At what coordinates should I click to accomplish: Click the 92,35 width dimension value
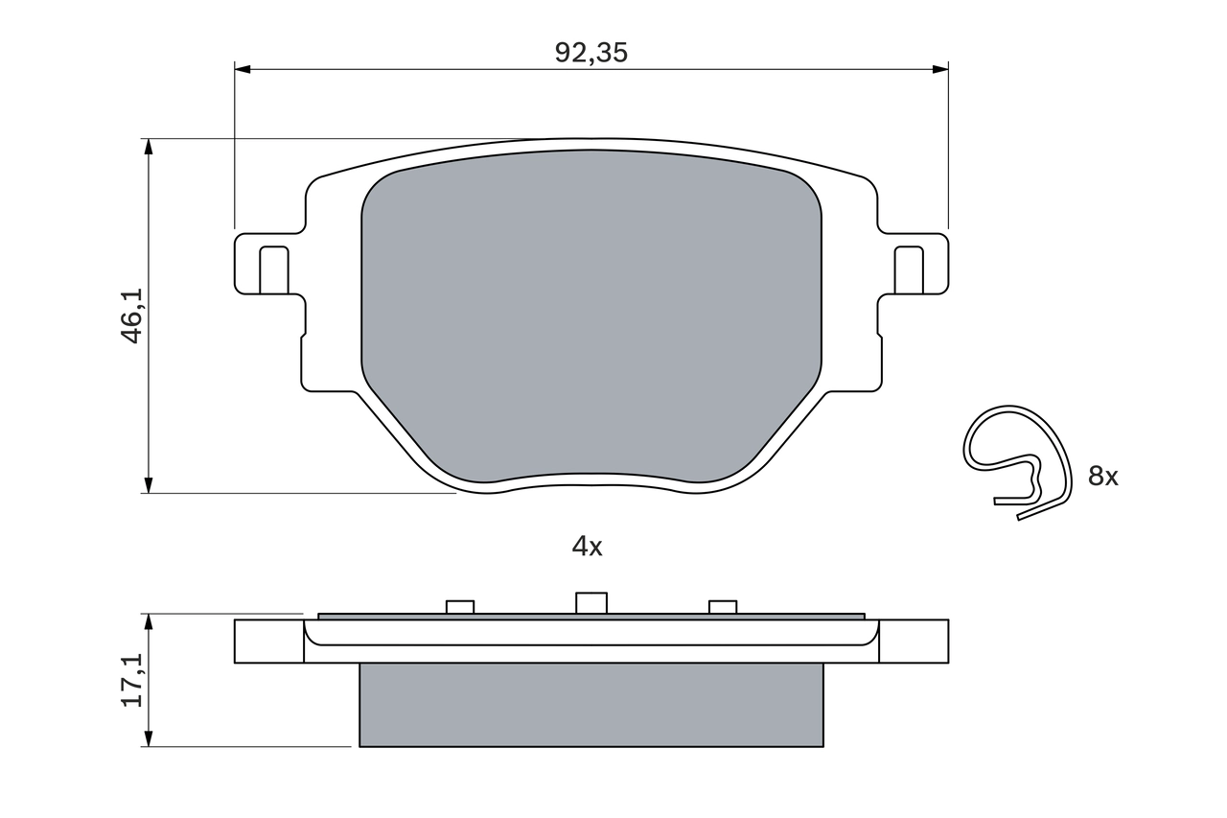pos(590,54)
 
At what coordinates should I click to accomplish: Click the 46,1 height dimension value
pos(131,316)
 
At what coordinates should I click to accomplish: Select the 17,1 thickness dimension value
pos(131,680)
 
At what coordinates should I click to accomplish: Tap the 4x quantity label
pos(587,547)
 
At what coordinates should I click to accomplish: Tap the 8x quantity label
pos(1102,476)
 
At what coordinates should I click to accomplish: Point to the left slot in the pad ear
pos(274,269)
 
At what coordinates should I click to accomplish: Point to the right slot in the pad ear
pos(908,269)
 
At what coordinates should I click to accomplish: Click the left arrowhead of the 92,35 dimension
pos(242,69)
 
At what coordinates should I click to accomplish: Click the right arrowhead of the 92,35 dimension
pos(940,69)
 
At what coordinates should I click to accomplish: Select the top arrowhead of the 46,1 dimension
pos(148,146)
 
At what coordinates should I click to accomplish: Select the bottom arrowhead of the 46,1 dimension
pos(148,485)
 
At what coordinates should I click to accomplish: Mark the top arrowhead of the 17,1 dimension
pos(148,621)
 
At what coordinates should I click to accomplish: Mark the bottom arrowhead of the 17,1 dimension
pos(148,738)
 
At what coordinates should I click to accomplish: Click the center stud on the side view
pos(591,603)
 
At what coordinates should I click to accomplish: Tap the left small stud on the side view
pos(460,607)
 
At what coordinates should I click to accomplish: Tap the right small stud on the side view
pos(723,607)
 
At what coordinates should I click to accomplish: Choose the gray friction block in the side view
pos(590,705)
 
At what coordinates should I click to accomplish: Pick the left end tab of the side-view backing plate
pos(268,641)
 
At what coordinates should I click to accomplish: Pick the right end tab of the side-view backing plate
pos(914,641)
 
